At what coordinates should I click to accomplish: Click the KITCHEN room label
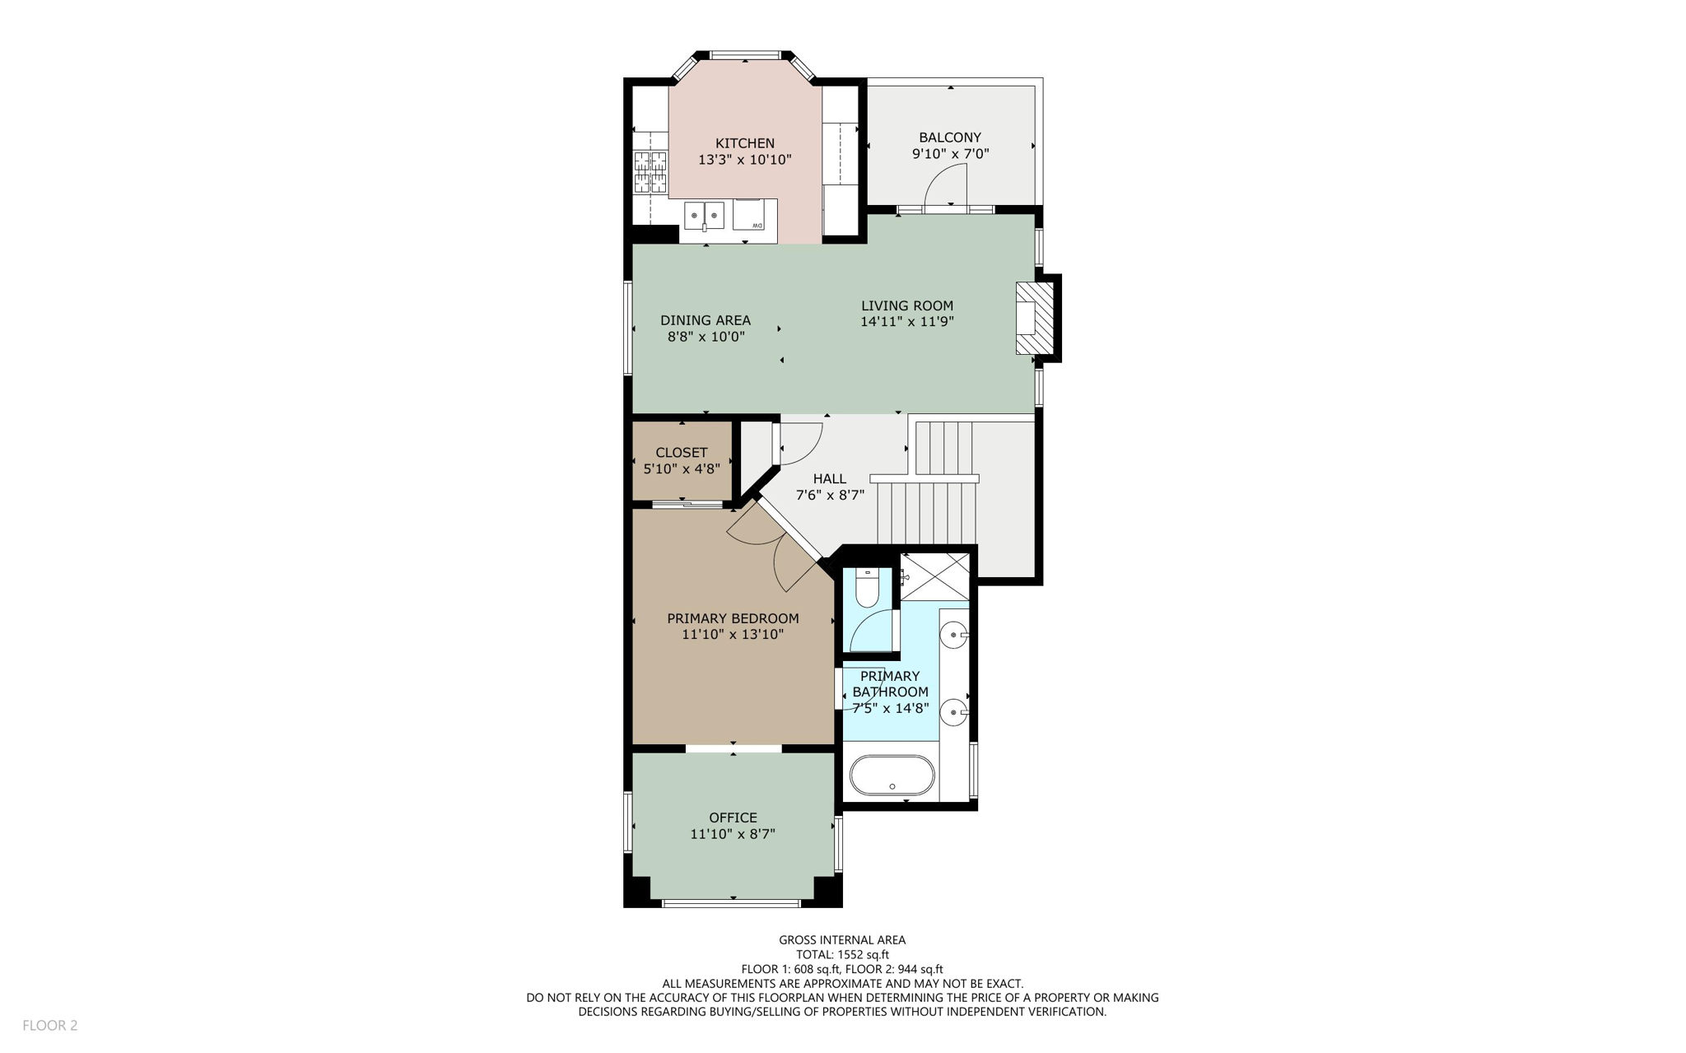(744, 143)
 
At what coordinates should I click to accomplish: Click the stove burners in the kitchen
(650, 172)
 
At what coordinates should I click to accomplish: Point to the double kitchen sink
(704, 216)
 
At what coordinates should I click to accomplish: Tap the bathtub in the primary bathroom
(892, 776)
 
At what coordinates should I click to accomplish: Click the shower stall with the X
(936, 576)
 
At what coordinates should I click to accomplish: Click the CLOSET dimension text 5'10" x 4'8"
(682, 468)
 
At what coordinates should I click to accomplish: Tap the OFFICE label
(733, 818)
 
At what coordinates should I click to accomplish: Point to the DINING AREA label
(706, 320)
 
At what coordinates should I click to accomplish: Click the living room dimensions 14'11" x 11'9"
(906, 322)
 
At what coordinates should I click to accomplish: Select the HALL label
(829, 478)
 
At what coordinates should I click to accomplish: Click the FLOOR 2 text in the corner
(50, 1025)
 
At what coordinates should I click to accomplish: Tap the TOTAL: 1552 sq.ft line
(842, 955)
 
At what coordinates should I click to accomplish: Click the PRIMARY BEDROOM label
(733, 618)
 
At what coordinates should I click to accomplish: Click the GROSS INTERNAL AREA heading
(842, 940)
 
